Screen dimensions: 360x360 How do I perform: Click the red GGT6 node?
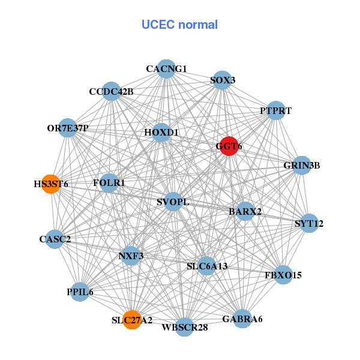point(229,146)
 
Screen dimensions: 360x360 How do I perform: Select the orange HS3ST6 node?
point(51,184)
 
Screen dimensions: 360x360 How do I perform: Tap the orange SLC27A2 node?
point(132,320)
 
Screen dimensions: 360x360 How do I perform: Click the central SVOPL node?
point(173,202)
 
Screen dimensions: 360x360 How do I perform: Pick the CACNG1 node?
point(166,69)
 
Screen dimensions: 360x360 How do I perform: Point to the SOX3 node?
point(223,80)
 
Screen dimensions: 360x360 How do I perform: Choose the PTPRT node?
point(275,110)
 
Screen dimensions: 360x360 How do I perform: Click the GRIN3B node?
point(301,166)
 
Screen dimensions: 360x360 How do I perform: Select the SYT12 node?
point(309,224)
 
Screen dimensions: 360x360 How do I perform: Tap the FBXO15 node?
point(283,275)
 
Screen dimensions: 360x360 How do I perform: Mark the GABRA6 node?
point(242,318)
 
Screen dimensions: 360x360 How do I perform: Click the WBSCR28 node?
point(184,327)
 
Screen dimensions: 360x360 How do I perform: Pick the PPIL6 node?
point(80,292)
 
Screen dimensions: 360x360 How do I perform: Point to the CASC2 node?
point(55,239)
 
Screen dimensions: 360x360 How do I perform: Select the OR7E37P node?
point(68,128)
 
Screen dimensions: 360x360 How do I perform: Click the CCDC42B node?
point(111,92)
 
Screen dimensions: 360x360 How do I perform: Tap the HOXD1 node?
point(161,132)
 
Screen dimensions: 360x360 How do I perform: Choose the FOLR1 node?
point(109,182)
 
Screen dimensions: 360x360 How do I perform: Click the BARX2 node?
point(245,211)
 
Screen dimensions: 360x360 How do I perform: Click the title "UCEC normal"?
point(179,25)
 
